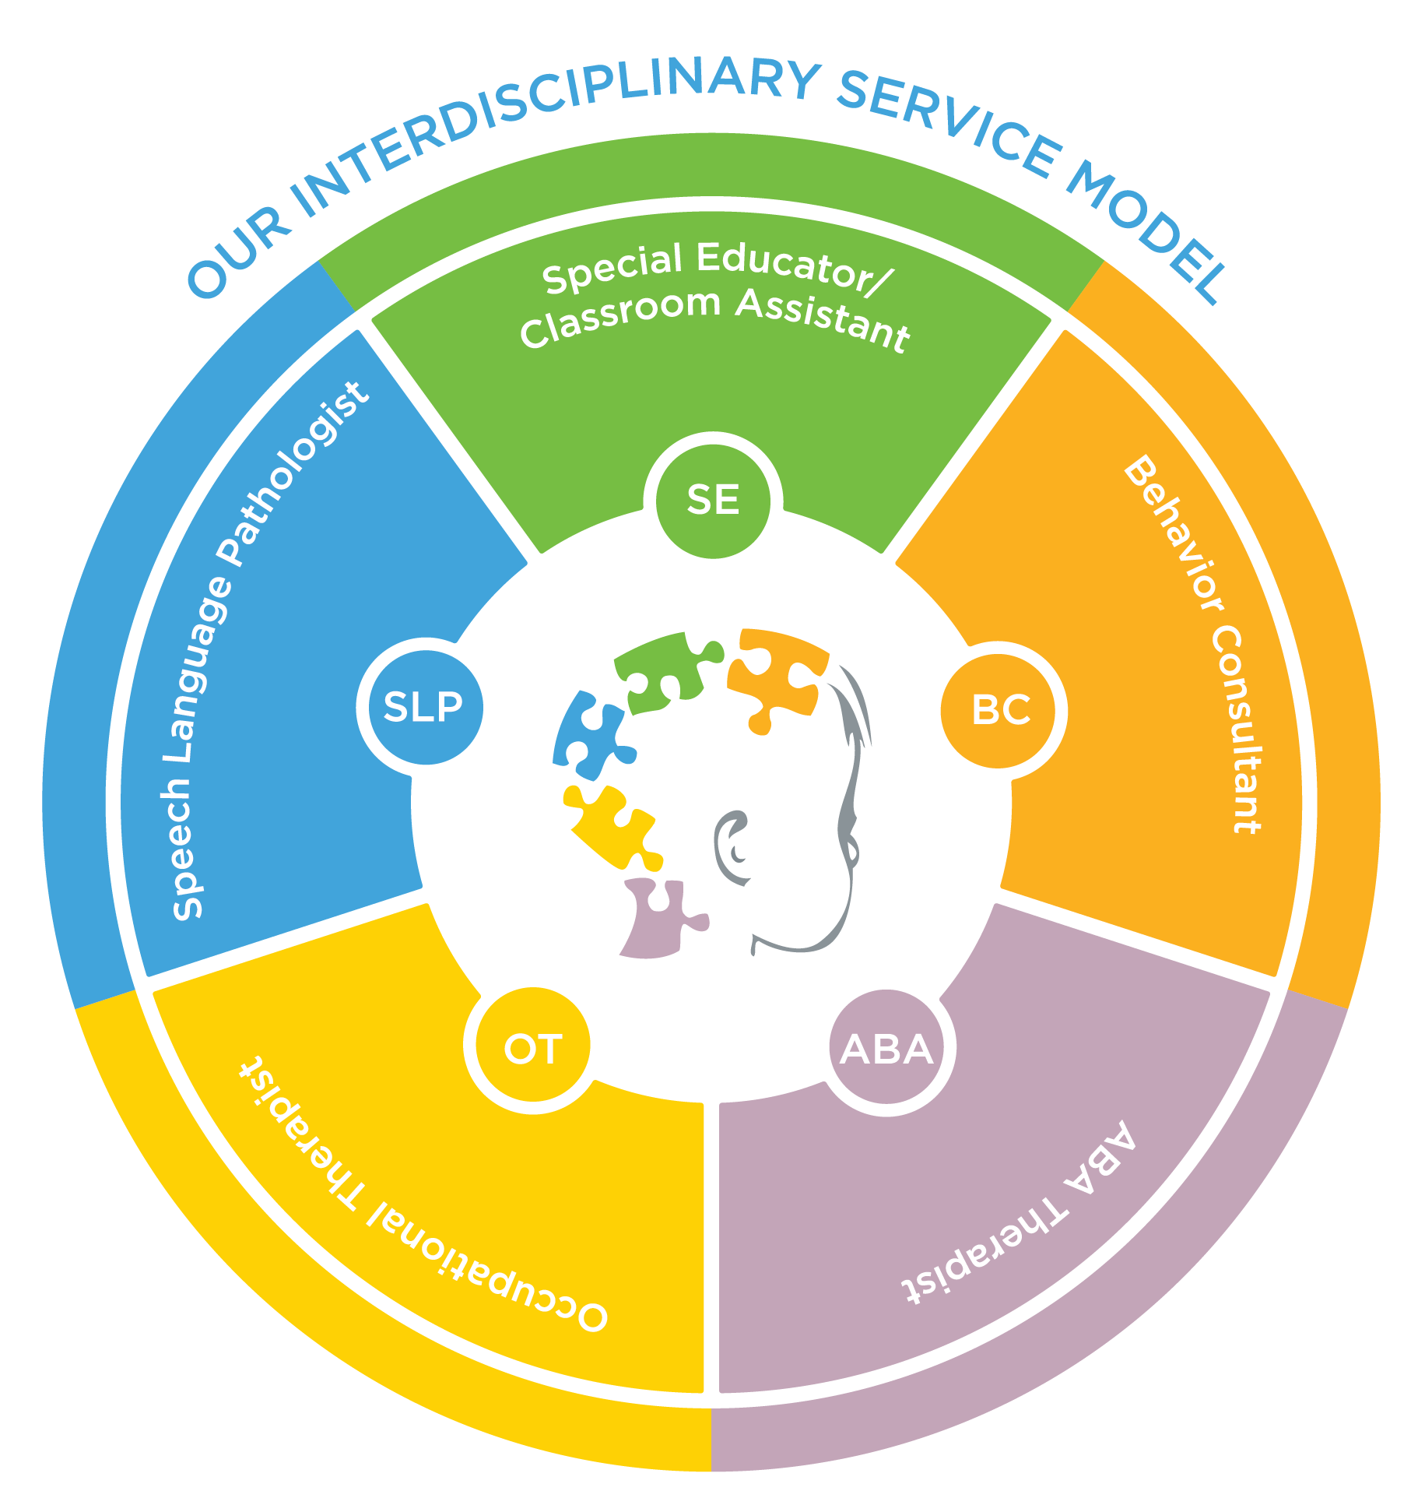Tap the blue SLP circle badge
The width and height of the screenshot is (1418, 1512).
point(424,706)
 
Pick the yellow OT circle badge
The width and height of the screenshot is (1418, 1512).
point(533,1048)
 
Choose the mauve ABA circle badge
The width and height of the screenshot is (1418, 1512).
point(887,1048)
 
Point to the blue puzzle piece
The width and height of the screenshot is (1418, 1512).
point(590,736)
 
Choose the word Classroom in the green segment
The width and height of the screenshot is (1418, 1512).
point(619,315)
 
